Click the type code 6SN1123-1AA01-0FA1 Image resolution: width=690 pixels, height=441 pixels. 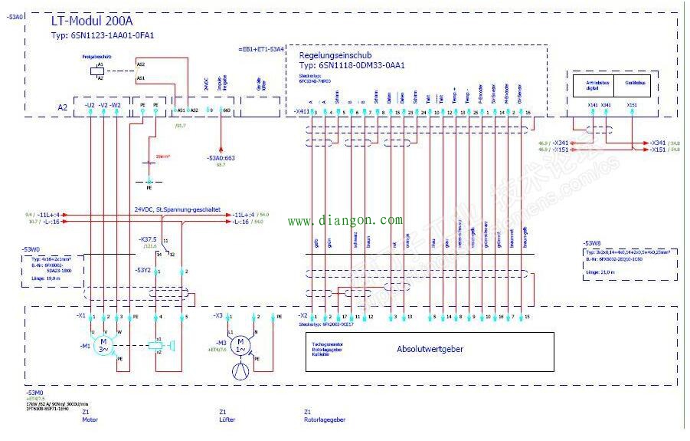[x=103, y=36]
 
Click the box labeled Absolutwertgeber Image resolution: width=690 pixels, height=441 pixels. [x=430, y=349]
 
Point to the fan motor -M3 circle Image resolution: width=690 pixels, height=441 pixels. [x=240, y=344]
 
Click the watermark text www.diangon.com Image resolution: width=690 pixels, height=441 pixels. [x=345, y=221]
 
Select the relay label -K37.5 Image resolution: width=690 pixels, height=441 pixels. [x=148, y=239]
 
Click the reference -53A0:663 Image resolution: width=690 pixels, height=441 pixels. [x=221, y=157]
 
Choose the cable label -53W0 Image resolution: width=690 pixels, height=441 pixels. [x=31, y=250]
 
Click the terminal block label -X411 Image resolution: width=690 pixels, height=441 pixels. [x=301, y=112]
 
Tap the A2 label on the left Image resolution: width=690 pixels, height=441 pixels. [x=63, y=108]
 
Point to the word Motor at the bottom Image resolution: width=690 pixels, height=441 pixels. [x=90, y=420]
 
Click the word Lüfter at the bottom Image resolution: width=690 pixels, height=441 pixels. [x=227, y=420]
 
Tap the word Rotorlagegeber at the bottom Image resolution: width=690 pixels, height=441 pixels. [x=325, y=420]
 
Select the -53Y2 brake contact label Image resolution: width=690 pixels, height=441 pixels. [x=143, y=270]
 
